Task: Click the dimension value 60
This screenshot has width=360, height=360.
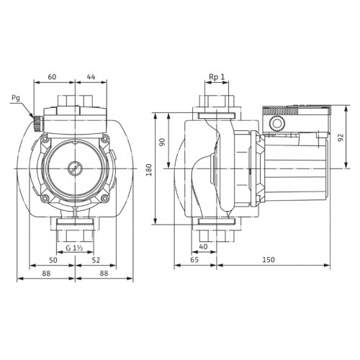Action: [x=52, y=77]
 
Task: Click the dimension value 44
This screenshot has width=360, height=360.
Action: [x=91, y=77]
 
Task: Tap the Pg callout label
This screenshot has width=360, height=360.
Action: [x=16, y=98]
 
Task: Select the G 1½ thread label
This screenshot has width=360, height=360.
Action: [x=74, y=248]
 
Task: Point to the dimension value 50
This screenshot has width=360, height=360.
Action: [x=53, y=260]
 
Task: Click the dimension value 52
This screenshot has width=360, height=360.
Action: [x=96, y=260]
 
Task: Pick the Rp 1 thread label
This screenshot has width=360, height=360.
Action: [x=217, y=77]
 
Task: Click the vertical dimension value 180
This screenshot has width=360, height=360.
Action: [x=149, y=170]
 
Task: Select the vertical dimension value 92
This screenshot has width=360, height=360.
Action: [x=341, y=138]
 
